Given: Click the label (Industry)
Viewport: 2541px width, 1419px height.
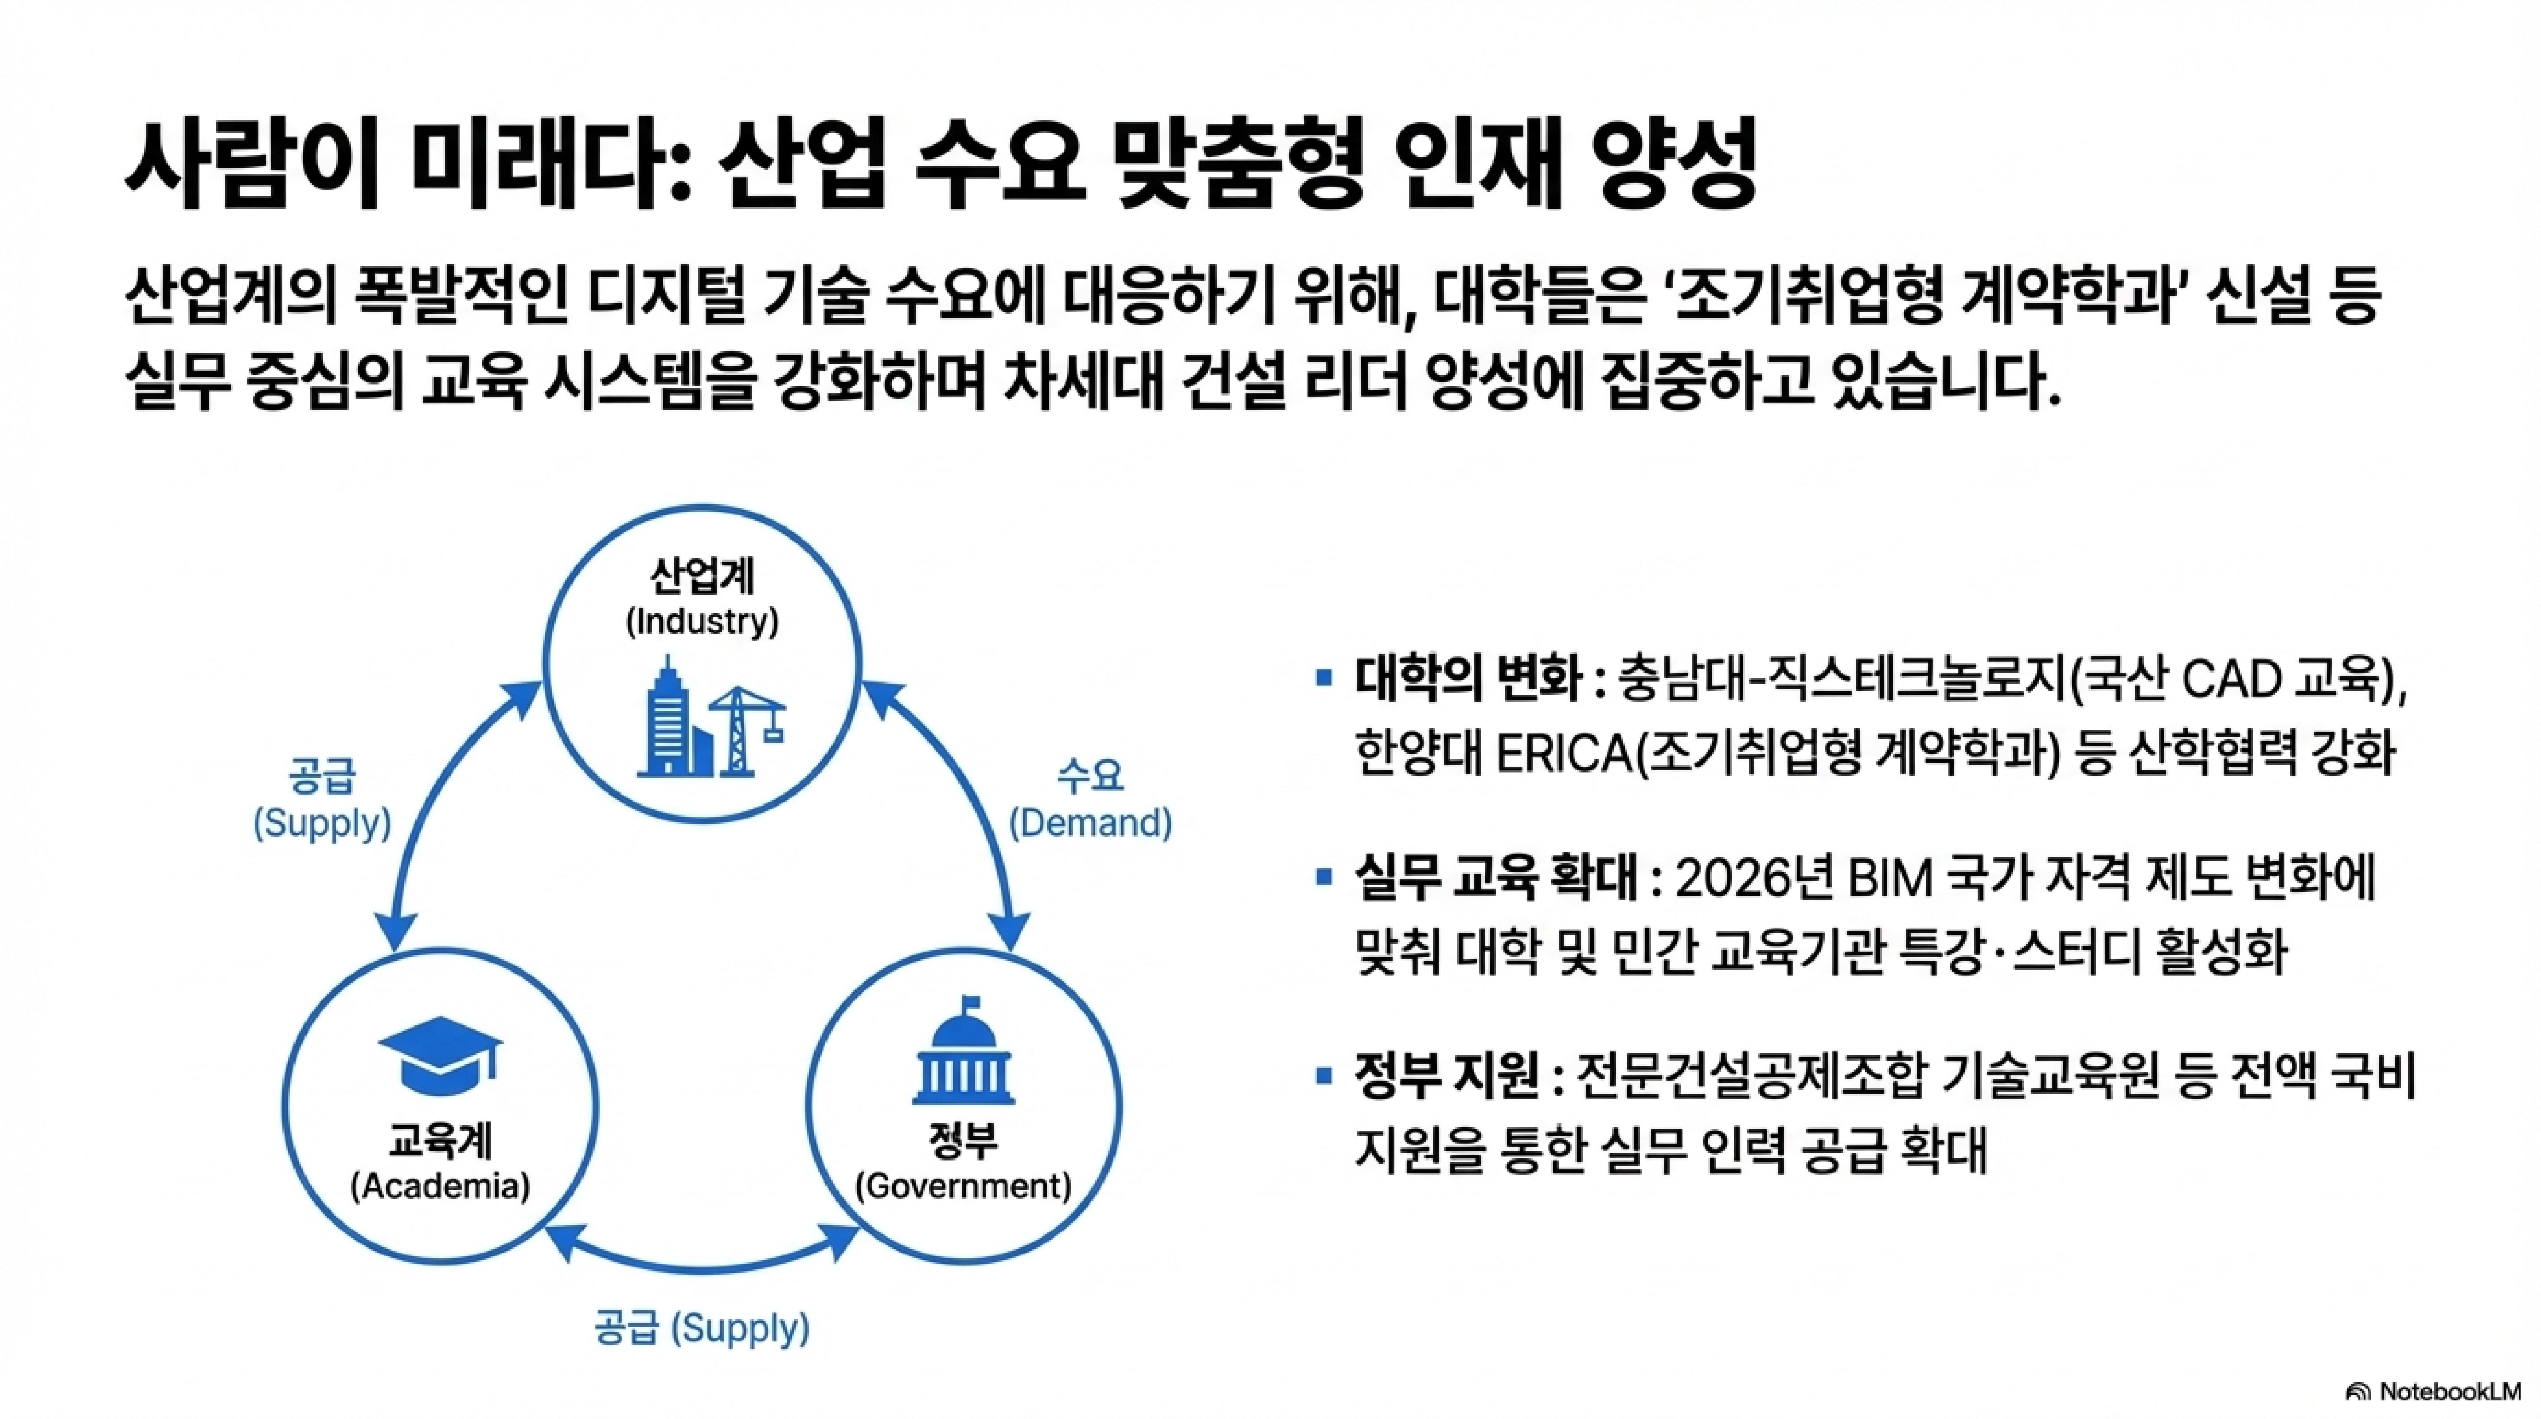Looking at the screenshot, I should [x=703, y=622].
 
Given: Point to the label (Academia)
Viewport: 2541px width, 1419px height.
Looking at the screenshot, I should [x=440, y=1185].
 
